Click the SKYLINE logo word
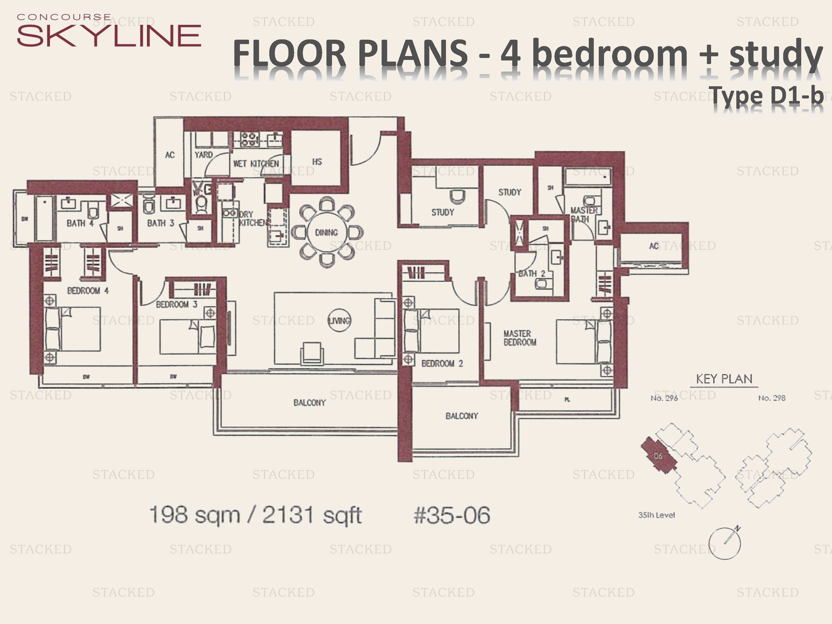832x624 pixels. [109, 36]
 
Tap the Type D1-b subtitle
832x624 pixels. [767, 96]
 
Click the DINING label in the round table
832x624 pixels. [326, 232]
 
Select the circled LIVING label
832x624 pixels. [339, 321]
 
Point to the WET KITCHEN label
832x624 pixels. [256, 164]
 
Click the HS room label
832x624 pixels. [317, 162]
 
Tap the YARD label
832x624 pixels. [204, 154]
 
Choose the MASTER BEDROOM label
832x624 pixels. [520, 338]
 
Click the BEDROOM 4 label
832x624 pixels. [88, 291]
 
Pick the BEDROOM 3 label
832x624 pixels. [176, 304]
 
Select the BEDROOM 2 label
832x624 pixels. [442, 363]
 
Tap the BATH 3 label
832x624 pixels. [161, 223]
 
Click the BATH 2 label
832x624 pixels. [531, 273]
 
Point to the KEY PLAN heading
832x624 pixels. [724, 379]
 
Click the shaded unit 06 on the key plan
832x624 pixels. [658, 456]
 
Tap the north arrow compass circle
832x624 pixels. [724, 544]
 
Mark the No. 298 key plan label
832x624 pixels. [772, 398]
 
